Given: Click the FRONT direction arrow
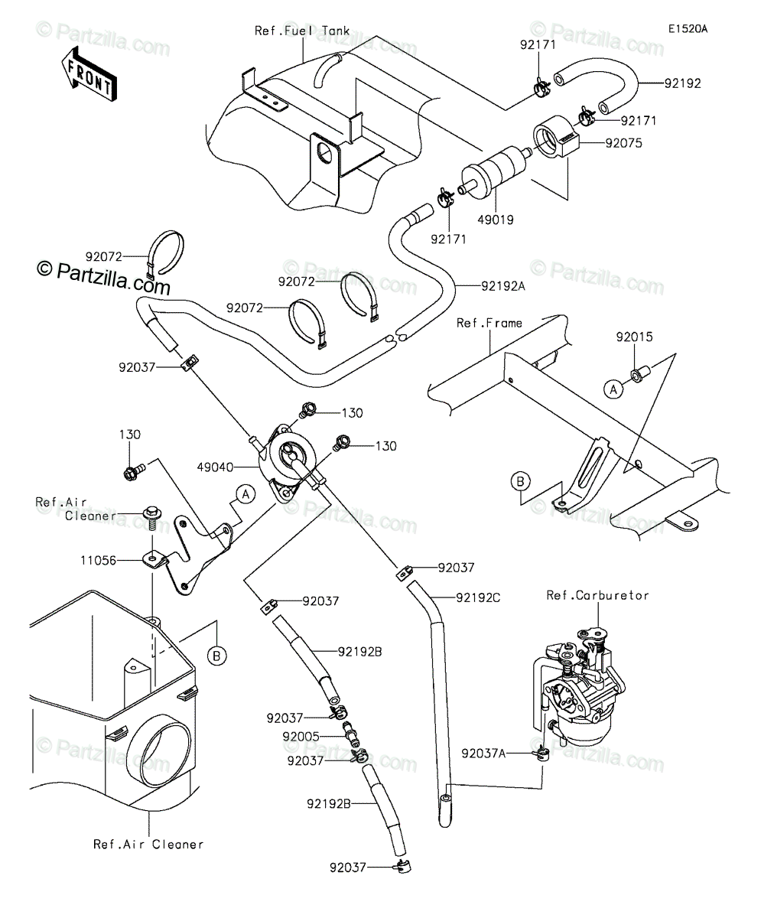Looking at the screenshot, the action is point(89,75).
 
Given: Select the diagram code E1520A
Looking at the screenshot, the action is point(688,29).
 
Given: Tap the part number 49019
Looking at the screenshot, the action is point(496,220).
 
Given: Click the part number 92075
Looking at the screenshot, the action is point(623,143).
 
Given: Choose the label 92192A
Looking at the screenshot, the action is point(503,286).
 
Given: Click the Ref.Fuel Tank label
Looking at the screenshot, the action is point(302,31).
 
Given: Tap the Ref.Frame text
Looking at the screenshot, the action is point(489,323).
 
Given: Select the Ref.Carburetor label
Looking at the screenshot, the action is point(597,595).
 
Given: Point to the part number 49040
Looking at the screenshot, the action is point(215,467).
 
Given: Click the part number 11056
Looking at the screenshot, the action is point(99,561).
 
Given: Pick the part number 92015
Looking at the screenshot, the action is point(634,337).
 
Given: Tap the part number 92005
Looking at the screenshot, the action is point(301,737).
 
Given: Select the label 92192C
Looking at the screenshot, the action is point(478,598).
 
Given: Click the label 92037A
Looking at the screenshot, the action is point(483,754).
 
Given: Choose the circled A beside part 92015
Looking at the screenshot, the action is point(613,389).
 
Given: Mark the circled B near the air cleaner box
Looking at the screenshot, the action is point(216,656).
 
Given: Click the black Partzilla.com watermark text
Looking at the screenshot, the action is point(104,278).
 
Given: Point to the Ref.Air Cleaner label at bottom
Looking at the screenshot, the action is point(148,844).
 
